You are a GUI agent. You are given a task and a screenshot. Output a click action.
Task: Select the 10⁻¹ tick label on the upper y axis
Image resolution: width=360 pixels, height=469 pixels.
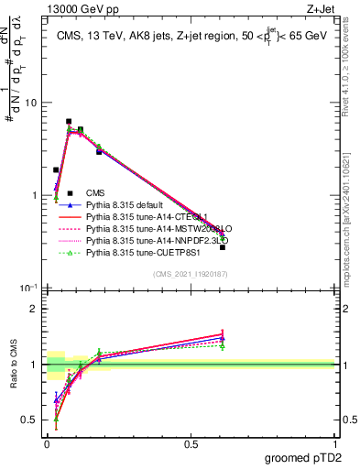point(29,289)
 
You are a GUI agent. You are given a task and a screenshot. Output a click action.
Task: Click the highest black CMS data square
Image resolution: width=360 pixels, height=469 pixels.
point(69,121)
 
